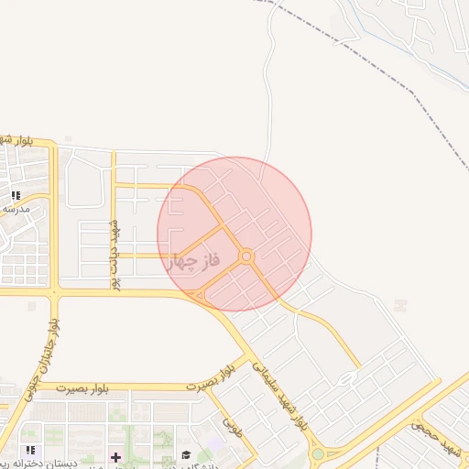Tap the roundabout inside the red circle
coord(246,256)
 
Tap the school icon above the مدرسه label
coord(16,195)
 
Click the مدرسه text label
coord(16,209)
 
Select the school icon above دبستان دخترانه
coord(31,450)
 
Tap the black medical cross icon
coord(115,456)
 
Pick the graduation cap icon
coord(186,455)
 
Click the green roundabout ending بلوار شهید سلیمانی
coord(317,453)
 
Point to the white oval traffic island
coord(347,378)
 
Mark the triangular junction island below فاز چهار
coord(202,296)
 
